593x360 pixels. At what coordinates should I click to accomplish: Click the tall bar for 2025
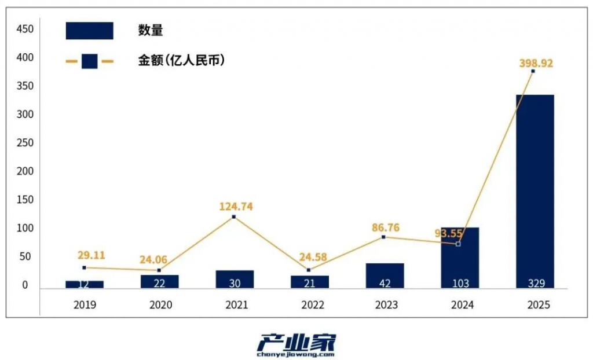tap(535, 191)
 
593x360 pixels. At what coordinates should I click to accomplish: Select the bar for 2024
tap(460, 258)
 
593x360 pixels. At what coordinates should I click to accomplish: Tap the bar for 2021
tap(235, 279)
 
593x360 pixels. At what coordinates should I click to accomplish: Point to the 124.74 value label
tap(236, 207)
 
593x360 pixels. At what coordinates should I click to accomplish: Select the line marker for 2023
tap(383, 237)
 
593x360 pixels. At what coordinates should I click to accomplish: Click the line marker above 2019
tap(85, 267)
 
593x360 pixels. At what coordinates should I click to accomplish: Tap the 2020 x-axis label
tap(160, 305)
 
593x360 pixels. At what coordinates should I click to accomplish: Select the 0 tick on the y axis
tap(25, 285)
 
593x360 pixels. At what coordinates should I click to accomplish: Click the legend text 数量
tap(150, 31)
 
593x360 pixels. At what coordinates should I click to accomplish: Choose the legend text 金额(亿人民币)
tap(181, 60)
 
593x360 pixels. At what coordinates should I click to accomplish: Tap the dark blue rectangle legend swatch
tap(90, 31)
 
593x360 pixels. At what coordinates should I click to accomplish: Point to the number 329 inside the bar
tap(535, 283)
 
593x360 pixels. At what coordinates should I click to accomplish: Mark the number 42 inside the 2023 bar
tap(385, 283)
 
